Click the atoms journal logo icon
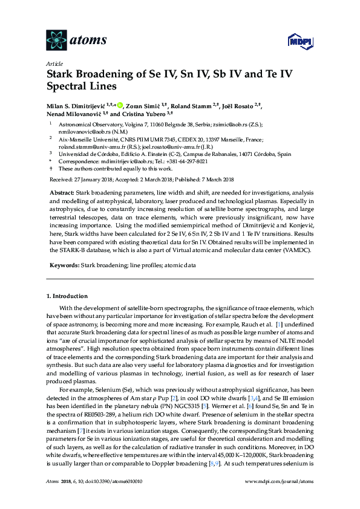click(56, 40)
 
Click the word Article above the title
click(53, 63)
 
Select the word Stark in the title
click(63, 76)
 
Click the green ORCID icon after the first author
click(120, 105)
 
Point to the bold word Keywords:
click(63, 265)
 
